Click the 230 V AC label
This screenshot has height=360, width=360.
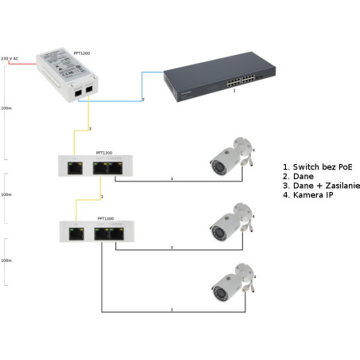10,58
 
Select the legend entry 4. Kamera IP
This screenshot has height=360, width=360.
307,195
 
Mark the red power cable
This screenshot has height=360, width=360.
24,66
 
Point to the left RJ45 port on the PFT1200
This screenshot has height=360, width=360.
76,92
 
